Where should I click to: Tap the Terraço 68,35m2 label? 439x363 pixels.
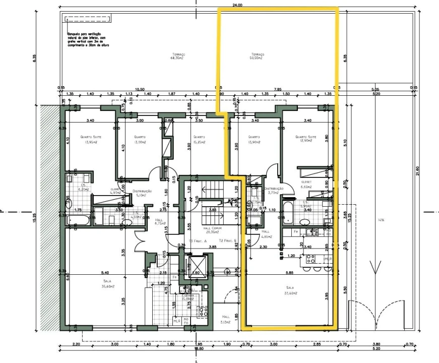click(178, 56)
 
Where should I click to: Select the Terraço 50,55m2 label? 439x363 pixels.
click(257, 56)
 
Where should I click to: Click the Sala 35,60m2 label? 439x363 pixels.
click(107, 284)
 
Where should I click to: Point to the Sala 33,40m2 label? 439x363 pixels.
click(290, 291)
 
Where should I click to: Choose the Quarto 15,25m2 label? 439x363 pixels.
click(199, 140)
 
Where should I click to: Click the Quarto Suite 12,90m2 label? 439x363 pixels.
click(305, 140)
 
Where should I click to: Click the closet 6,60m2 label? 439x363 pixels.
click(306, 184)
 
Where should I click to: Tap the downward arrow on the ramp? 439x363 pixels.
click(372, 267)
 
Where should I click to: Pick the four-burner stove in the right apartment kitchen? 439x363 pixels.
click(309, 261)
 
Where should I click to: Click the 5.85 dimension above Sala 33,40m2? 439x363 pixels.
click(289, 273)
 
